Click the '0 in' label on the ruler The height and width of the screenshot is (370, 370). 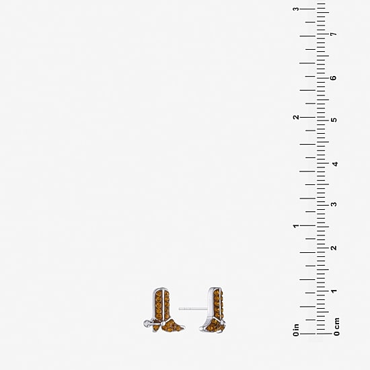296,330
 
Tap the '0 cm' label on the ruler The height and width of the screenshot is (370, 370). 336,326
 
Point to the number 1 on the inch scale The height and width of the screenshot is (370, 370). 296,226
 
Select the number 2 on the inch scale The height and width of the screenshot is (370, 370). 296,117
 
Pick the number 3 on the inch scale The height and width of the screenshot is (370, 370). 296,9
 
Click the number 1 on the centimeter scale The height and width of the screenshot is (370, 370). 334,291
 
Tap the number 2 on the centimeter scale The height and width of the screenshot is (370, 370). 334,248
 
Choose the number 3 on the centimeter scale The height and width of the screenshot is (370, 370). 334,204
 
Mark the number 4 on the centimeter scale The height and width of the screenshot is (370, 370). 334,163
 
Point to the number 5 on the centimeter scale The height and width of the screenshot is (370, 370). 334,120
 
